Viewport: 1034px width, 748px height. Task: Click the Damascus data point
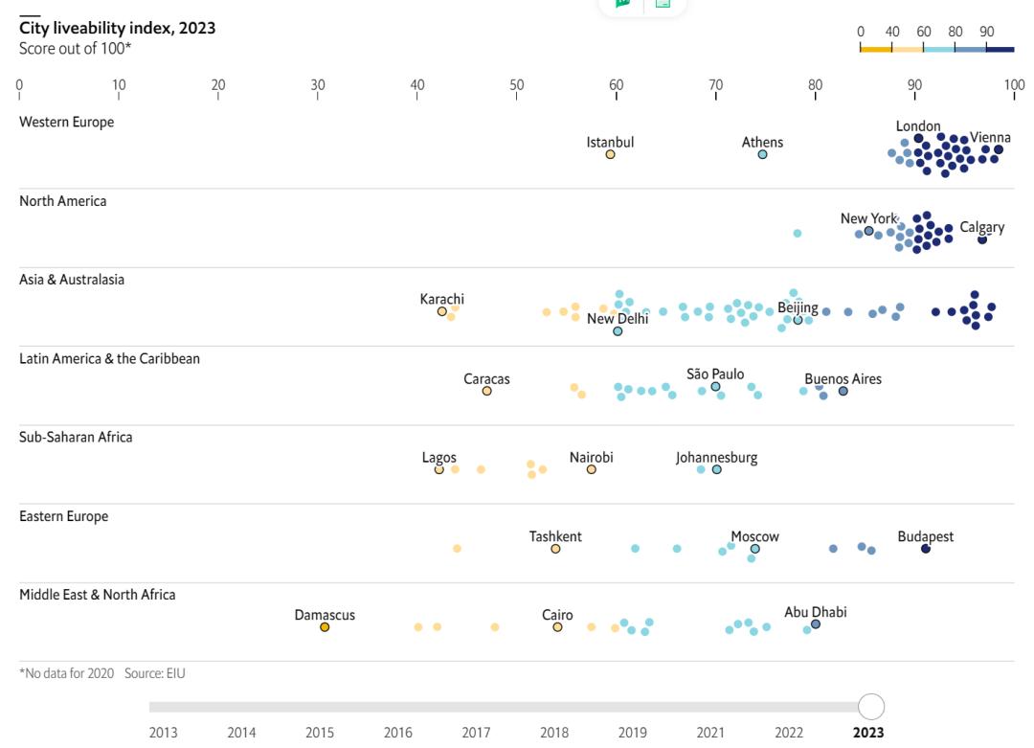[325, 627]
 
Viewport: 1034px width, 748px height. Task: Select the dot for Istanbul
[610, 154]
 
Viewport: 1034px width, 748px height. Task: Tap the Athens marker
[762, 154]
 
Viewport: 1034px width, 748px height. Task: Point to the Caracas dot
[486, 391]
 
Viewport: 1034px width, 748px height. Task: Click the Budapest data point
[926, 549]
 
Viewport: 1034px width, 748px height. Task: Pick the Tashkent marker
[555, 549]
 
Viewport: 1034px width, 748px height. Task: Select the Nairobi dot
[592, 469]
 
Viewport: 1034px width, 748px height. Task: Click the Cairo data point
[557, 627]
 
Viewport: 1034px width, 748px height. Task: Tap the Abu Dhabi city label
[815, 612]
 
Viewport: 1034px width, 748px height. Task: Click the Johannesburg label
[716, 457]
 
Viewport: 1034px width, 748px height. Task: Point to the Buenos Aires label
[843, 378]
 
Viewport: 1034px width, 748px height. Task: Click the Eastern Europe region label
[63, 516]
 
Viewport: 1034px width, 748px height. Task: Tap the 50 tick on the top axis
[517, 85]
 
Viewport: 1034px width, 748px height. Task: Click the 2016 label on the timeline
[398, 734]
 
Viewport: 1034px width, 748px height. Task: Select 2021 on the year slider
[710, 734]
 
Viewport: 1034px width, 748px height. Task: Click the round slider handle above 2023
[870, 707]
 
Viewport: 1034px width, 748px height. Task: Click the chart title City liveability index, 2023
[117, 28]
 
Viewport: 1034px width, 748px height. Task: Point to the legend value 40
[892, 32]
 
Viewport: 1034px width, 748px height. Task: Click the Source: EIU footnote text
[155, 673]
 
